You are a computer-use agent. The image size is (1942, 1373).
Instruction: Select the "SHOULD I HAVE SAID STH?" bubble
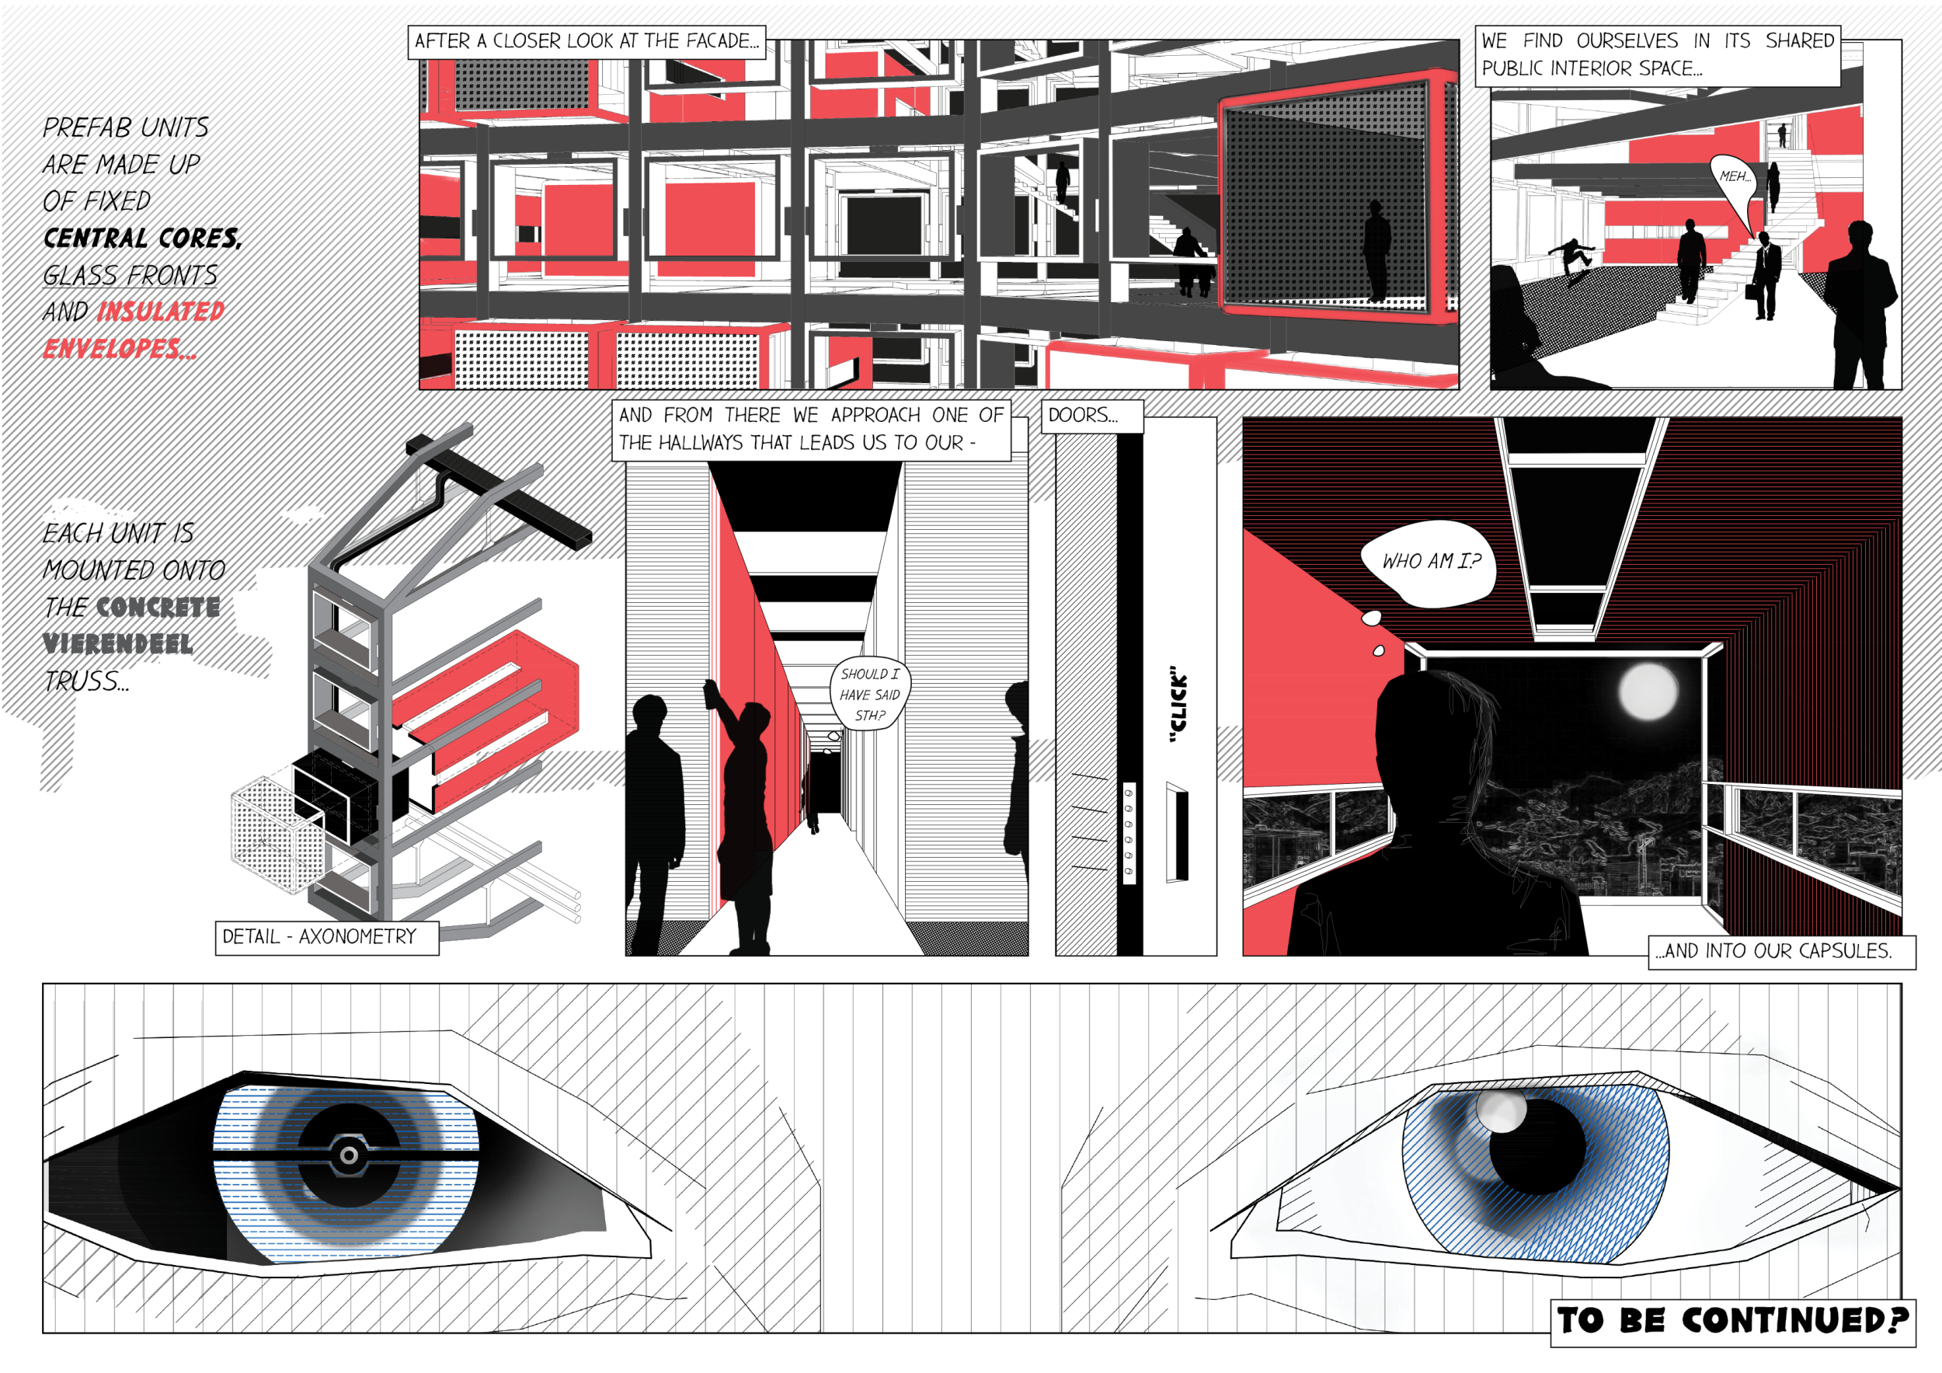(869, 694)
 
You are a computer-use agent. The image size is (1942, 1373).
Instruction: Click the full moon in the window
(1648, 691)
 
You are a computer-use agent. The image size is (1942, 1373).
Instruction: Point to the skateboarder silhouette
(1572, 259)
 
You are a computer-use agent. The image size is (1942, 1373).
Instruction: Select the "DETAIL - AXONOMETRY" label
(326, 937)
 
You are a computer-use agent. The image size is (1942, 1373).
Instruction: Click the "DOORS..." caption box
(1091, 416)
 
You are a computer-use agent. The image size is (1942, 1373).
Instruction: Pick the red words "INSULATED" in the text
(161, 312)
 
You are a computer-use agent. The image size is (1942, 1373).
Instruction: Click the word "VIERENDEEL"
(117, 644)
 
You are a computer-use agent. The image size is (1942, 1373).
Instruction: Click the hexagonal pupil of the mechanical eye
(349, 1154)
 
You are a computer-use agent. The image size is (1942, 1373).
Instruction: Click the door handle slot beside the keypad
(1178, 832)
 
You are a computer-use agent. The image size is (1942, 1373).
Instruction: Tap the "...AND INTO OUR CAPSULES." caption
(1781, 951)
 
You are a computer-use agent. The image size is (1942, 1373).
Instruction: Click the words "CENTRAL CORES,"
(142, 238)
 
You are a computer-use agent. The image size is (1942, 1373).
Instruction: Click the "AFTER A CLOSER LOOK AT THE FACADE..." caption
(587, 41)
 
